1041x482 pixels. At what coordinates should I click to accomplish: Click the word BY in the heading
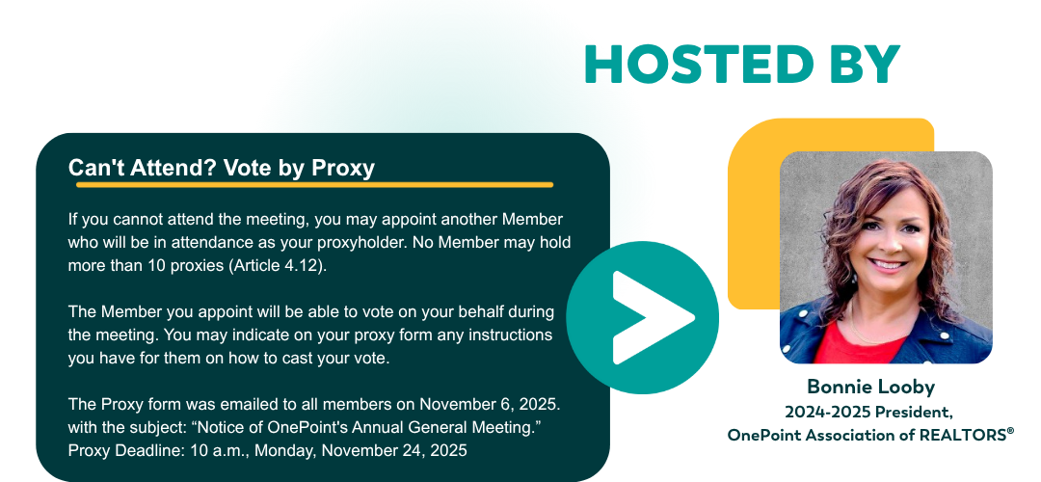point(863,65)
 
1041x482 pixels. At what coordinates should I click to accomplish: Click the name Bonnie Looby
point(871,387)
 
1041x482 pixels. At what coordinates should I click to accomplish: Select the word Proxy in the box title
point(343,168)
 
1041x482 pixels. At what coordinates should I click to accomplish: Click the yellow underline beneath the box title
point(314,184)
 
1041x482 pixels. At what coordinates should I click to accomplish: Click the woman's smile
point(888,263)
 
